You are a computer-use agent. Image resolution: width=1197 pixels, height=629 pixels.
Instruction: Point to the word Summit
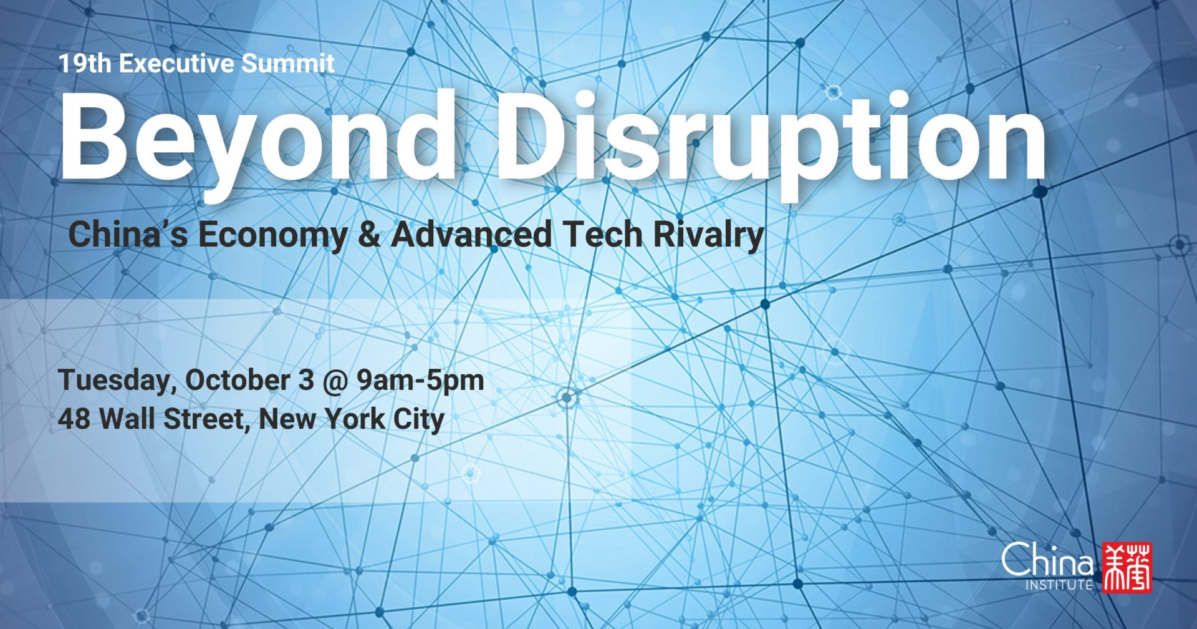click(288, 63)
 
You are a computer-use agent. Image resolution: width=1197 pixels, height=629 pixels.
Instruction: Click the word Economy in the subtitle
click(272, 236)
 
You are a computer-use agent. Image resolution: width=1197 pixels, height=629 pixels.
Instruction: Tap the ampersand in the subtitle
click(369, 235)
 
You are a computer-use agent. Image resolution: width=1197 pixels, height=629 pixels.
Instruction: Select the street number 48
click(74, 419)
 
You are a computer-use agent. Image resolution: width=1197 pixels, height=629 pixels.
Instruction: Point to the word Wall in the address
click(127, 418)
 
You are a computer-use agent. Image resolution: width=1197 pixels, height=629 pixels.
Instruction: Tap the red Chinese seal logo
click(1127, 567)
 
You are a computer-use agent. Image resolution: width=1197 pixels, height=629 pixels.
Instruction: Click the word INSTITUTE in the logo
click(1059, 585)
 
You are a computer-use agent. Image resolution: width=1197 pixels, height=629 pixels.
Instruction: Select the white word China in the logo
click(1047, 559)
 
